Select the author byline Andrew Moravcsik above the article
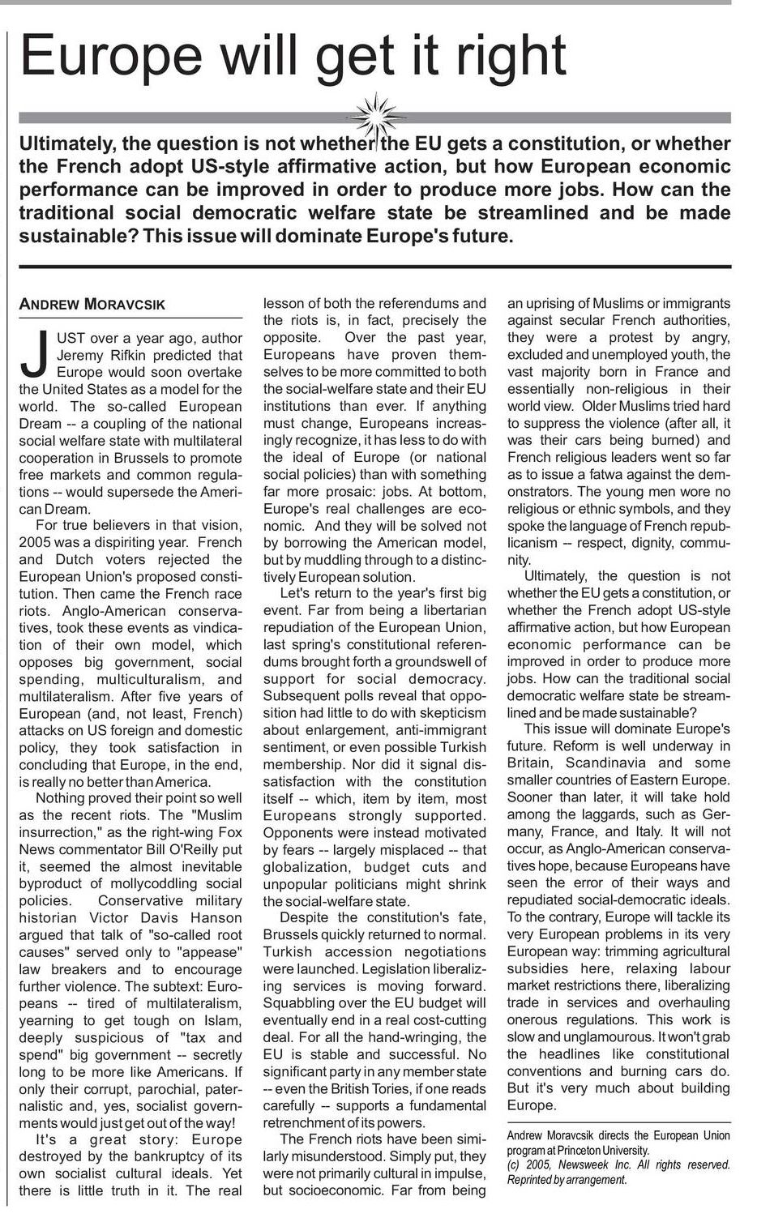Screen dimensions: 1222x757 point(92,305)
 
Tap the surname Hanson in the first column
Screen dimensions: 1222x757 point(215,917)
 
